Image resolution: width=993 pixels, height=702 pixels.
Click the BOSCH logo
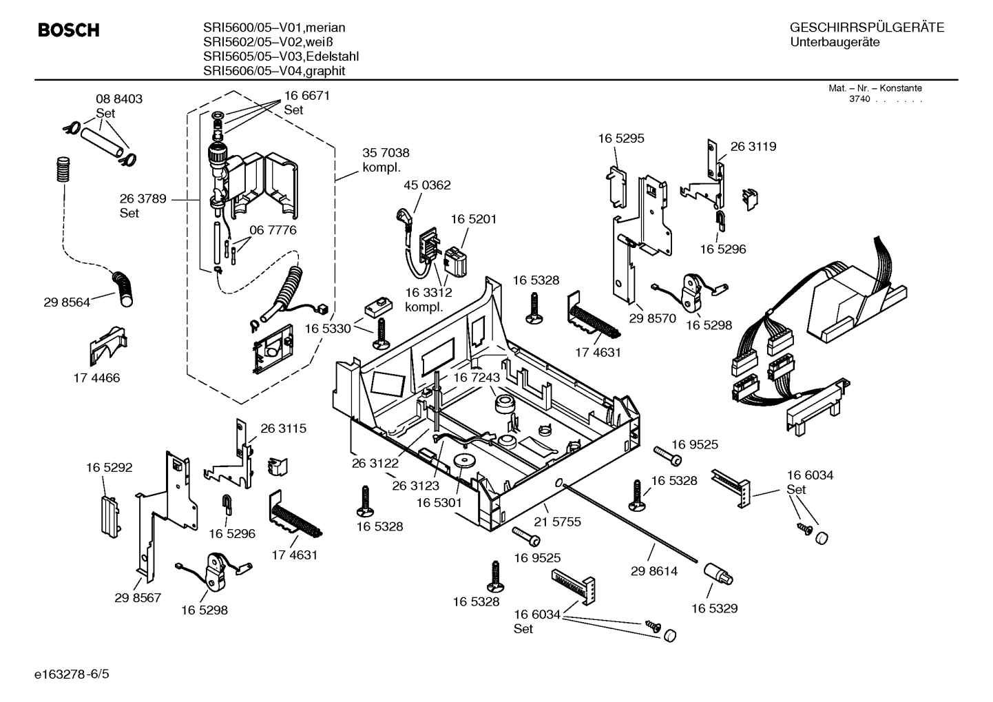click(68, 30)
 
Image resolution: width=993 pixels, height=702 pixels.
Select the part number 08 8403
click(118, 99)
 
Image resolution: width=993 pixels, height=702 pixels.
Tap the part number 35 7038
click(386, 153)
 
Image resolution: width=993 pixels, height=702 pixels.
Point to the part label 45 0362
click(427, 185)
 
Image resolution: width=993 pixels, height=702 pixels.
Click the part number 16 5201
click(474, 219)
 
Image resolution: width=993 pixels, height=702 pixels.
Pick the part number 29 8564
click(67, 302)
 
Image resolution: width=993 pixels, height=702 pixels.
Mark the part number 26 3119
click(753, 147)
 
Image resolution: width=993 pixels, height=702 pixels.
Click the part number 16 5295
click(621, 138)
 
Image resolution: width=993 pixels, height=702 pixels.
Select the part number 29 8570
click(652, 319)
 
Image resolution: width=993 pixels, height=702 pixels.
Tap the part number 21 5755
click(558, 522)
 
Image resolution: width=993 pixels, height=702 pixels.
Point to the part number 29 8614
click(654, 571)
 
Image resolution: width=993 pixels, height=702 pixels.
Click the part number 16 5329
click(714, 608)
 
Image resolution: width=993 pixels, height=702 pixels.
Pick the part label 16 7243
click(476, 378)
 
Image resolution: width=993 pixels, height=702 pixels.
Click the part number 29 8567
click(138, 598)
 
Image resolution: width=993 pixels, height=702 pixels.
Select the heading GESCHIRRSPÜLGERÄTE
click(866, 28)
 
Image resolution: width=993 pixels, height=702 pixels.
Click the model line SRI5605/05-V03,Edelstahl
click(280, 56)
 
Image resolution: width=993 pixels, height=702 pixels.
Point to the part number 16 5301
click(439, 503)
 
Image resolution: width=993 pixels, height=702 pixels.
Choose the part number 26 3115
click(283, 429)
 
